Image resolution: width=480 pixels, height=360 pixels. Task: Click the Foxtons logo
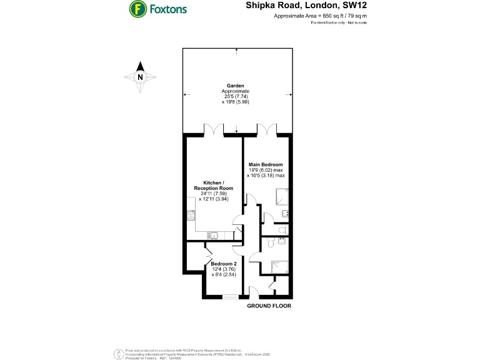(157, 9)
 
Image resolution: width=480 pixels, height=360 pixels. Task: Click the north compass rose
(140, 77)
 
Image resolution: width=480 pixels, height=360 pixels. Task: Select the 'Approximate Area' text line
(321, 16)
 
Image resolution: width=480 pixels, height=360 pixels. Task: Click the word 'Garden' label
(236, 86)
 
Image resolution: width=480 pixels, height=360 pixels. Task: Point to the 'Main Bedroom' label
(266, 164)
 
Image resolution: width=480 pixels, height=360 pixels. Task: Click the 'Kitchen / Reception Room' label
(214, 185)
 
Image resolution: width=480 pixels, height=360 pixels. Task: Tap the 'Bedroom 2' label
(222, 264)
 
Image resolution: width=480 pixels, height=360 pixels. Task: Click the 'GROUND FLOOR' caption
(269, 306)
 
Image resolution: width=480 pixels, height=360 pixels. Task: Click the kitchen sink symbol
(213, 236)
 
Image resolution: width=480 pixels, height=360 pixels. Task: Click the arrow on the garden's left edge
(185, 95)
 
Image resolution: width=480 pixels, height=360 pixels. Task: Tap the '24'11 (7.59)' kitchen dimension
(214, 193)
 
